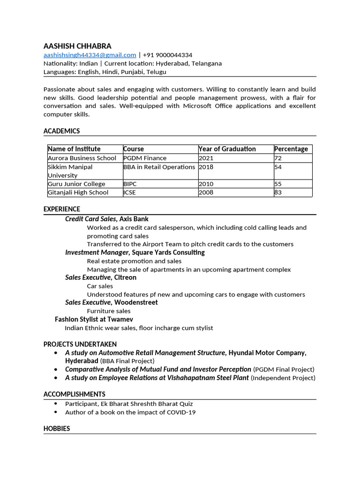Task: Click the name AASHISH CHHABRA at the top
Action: tap(77, 46)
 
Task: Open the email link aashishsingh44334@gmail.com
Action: tap(90, 55)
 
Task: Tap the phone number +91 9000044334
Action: tap(167, 55)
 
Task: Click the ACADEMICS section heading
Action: tap(61, 131)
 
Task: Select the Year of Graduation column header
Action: tap(227, 149)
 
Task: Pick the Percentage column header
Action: tap(291, 149)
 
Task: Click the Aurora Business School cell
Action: tap(82, 158)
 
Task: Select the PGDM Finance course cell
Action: tap(145, 158)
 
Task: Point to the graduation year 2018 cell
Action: tap(206, 167)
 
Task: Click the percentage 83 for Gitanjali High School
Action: tap(278, 192)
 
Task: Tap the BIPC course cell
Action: tap(130, 184)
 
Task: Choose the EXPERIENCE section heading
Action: tap(61, 209)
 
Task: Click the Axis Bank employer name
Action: tap(134, 219)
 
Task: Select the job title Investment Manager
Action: tap(96, 252)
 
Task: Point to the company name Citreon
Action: tap(125, 277)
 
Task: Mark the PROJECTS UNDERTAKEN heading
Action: tap(80, 344)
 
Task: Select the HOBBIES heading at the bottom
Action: tap(57, 428)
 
